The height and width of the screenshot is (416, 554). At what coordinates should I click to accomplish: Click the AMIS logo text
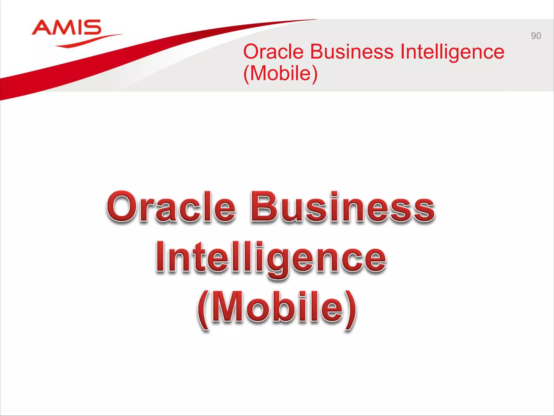67,27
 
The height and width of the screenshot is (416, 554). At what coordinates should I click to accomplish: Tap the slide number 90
536,36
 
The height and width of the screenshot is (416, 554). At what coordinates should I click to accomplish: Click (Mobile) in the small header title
281,73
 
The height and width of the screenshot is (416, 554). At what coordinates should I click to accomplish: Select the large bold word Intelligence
271,257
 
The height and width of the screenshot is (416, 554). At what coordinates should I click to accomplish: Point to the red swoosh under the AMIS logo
87,42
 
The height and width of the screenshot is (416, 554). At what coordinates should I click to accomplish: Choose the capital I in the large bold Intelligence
161,256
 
